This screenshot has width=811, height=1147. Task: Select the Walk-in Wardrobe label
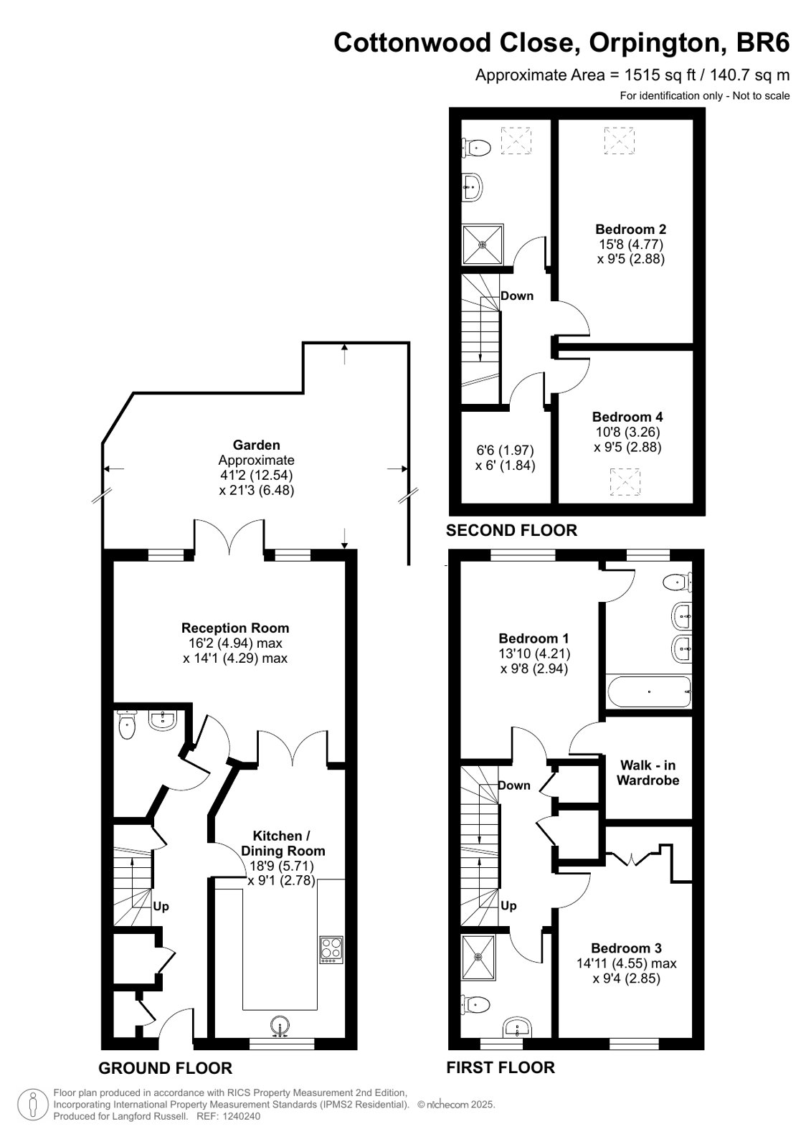[648, 773]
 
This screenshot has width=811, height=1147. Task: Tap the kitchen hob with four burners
[331, 950]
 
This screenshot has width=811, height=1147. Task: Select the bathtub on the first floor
[649, 691]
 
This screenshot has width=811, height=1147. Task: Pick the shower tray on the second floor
[483, 245]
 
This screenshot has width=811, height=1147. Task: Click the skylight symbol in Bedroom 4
[625, 482]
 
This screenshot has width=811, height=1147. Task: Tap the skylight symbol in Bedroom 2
[620, 141]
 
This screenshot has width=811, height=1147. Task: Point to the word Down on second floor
[516, 296]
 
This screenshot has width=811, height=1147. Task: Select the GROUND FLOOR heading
[166, 1068]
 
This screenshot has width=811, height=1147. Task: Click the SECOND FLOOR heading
[511, 530]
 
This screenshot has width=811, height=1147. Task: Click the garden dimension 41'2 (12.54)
[257, 475]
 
